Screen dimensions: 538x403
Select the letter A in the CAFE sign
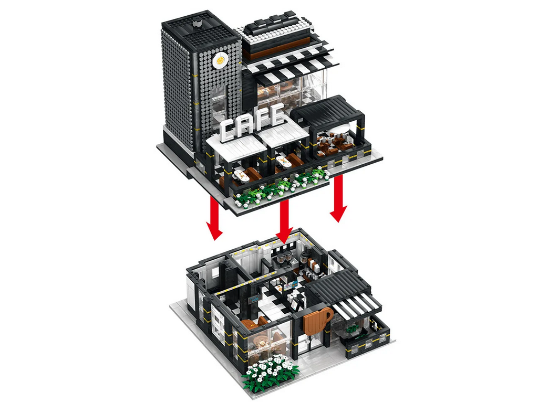[x=245, y=124]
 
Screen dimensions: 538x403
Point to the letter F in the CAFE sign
[x=261, y=119]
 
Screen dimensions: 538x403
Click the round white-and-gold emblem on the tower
[x=220, y=61]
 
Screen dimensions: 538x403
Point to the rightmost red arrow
[x=338, y=198]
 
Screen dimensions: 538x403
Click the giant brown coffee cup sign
[x=316, y=321]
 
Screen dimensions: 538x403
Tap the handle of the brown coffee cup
[x=328, y=314]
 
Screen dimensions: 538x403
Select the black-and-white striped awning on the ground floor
[x=355, y=304]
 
